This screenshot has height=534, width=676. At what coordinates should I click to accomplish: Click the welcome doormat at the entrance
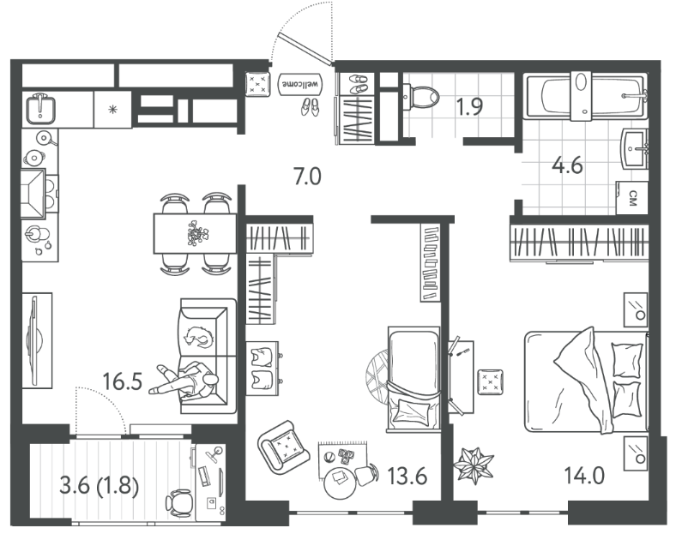pyautogui.click(x=301, y=83)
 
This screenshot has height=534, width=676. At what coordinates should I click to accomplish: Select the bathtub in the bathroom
pyautogui.click(x=585, y=97)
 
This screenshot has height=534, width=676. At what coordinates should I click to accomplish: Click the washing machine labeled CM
pyautogui.click(x=632, y=198)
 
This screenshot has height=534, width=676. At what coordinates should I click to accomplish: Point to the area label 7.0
pyautogui.click(x=307, y=177)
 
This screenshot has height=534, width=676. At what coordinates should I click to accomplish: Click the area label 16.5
pyautogui.click(x=123, y=381)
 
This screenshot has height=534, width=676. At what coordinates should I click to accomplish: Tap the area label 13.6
pyautogui.click(x=407, y=477)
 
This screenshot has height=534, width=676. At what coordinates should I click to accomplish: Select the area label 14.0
pyautogui.click(x=584, y=476)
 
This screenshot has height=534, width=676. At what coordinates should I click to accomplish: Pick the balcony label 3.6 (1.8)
pyautogui.click(x=100, y=487)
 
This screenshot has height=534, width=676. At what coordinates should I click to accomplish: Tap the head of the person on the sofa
pyautogui.click(x=210, y=380)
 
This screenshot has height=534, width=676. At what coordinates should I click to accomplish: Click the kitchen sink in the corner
pyautogui.click(x=40, y=110)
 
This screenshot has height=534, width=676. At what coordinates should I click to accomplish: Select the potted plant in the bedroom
pyautogui.click(x=473, y=465)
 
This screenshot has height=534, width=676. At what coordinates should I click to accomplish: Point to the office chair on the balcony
pyautogui.click(x=179, y=503)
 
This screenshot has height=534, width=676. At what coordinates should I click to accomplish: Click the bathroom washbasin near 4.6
pyautogui.click(x=635, y=149)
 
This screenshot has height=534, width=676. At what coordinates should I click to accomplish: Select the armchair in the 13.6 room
pyautogui.click(x=284, y=448)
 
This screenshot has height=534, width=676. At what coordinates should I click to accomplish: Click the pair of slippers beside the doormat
pyautogui.click(x=310, y=107)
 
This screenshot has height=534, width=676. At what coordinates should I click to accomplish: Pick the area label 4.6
pyautogui.click(x=568, y=165)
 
